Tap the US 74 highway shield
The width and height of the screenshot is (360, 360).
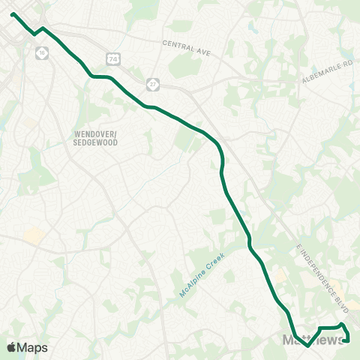click(x=112, y=58)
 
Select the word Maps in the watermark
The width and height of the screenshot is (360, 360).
click(x=33, y=347)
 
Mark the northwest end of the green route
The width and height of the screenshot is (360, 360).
click(x=13, y=13)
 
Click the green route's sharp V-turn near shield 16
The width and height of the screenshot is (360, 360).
click(x=34, y=34)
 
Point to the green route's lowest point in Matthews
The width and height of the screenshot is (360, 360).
click(x=308, y=346)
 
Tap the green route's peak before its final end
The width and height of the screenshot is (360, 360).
click(x=342, y=324)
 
